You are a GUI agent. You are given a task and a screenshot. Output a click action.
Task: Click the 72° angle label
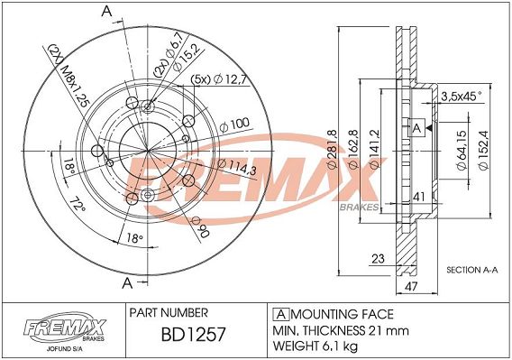[x=78, y=208]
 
